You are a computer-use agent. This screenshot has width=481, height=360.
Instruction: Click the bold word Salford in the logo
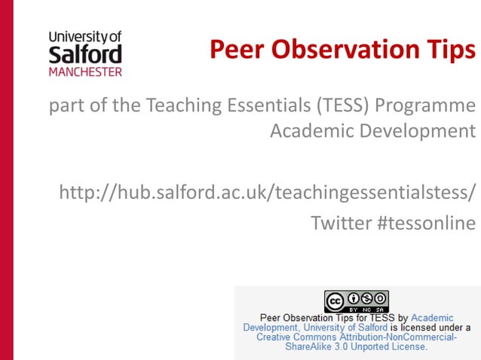pos(84,54)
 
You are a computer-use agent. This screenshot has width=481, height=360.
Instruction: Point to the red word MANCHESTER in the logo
pos(84,72)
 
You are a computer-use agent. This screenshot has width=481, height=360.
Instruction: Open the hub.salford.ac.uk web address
pos(268,192)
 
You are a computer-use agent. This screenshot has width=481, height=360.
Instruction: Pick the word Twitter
pos(340,223)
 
